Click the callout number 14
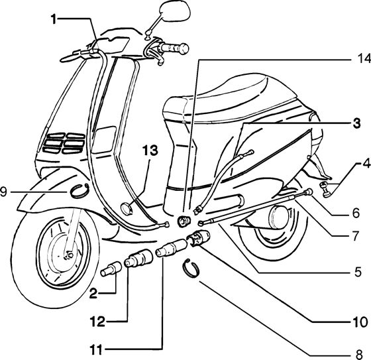click(364, 59)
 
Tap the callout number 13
click(150, 150)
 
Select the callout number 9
click(3, 192)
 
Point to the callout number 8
click(359, 355)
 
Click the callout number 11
click(96, 350)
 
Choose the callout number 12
click(97, 322)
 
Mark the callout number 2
click(93, 294)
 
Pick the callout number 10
click(360, 322)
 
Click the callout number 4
click(366, 164)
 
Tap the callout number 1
click(54, 19)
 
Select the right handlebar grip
click(174, 48)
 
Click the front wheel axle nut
click(70, 255)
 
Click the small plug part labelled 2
click(111, 269)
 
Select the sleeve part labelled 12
click(138, 258)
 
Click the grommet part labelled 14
click(184, 221)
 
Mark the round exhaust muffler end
click(279, 216)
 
